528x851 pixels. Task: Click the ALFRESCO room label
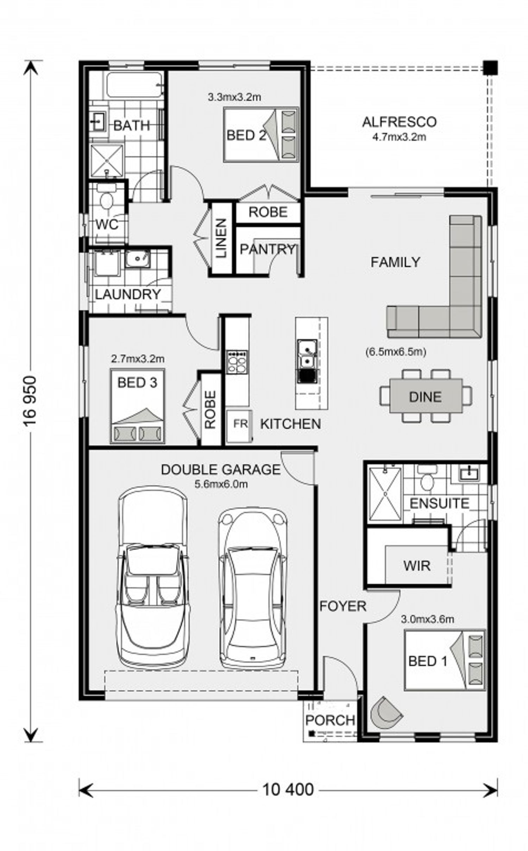pyautogui.click(x=399, y=122)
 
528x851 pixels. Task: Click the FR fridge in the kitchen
pyautogui.click(x=239, y=426)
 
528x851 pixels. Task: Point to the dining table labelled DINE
pyautogui.click(x=426, y=396)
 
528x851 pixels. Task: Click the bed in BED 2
pyautogui.click(x=261, y=135)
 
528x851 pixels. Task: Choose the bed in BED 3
pyautogui.click(x=137, y=405)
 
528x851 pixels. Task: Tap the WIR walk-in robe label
pyautogui.click(x=417, y=566)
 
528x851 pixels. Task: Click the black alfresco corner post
pyautogui.click(x=490, y=68)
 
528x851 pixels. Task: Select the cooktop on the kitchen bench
pyautogui.click(x=237, y=362)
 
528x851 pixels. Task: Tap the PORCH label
pyautogui.click(x=330, y=720)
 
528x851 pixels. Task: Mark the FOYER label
pyautogui.click(x=343, y=606)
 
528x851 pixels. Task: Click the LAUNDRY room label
pyautogui.click(x=128, y=294)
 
